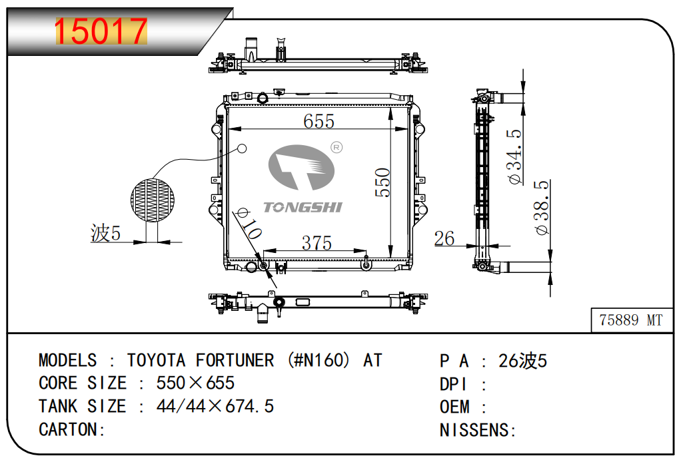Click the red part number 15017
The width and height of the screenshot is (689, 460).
pyautogui.click(x=101, y=31)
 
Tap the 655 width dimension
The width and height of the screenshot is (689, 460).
pyautogui.click(x=319, y=121)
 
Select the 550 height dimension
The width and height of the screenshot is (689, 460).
pyautogui.click(x=382, y=182)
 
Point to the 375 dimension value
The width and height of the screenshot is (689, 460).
pyautogui.click(x=317, y=243)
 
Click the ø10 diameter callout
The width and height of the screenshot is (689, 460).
pyautogui.click(x=249, y=224)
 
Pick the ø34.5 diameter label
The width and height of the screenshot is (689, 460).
pyautogui.click(x=514, y=156)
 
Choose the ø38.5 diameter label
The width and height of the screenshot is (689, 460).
pyautogui.click(x=542, y=207)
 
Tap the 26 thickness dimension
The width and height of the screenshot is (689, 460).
pyautogui.click(x=444, y=238)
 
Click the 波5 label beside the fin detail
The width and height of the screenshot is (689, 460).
pyautogui.click(x=105, y=232)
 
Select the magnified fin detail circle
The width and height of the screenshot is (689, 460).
pyautogui.click(x=153, y=200)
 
